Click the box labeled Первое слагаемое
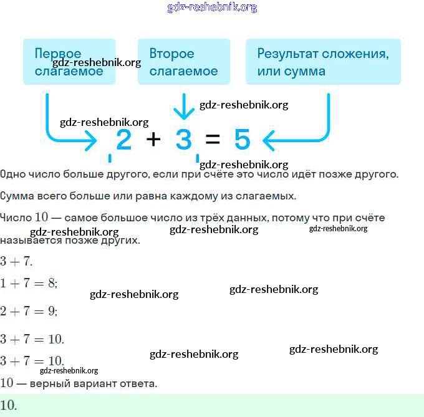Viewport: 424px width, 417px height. [x=69, y=62]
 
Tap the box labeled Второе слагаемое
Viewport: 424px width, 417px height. [x=184, y=62]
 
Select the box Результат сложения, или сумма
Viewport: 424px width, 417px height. [x=323, y=62]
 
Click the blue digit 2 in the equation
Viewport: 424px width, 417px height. [x=124, y=140]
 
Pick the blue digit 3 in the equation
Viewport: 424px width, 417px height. [x=183, y=140]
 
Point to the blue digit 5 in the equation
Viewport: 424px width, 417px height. [x=242, y=140]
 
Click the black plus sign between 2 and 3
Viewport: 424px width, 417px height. [x=153, y=140]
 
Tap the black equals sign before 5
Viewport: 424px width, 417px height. [x=213, y=140]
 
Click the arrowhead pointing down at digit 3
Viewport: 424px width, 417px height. [x=183, y=114]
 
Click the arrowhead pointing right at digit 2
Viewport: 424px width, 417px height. [x=92, y=142]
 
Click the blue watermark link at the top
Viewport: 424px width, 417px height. [x=212, y=7]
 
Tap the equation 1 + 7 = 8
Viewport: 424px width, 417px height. [x=29, y=283]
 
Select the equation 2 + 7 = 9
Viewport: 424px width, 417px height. [x=29, y=311]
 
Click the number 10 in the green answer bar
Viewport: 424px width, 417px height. [x=9, y=405]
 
